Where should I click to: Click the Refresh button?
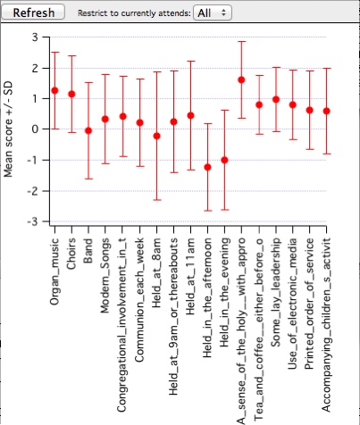(33, 12)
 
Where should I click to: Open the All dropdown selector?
(213, 12)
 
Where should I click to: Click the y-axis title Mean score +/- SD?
(9, 129)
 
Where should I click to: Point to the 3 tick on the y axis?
(35, 37)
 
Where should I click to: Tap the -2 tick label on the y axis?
(32, 191)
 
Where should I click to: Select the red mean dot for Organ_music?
(54, 90)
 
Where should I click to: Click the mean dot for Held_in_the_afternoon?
(207, 167)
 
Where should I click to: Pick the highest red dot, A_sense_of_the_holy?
(241, 79)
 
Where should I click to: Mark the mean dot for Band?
(88, 130)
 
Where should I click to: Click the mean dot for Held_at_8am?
(156, 136)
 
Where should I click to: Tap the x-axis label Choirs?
(71, 254)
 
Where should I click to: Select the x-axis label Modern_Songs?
(105, 276)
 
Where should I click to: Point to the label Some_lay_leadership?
(276, 293)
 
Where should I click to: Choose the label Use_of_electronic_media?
(293, 304)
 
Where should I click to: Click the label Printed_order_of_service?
(309, 304)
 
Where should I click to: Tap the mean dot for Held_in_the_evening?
(224, 160)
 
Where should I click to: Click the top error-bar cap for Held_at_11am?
(191, 61)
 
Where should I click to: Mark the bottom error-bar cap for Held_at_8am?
(156, 200)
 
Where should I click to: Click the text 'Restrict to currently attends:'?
(134, 13)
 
